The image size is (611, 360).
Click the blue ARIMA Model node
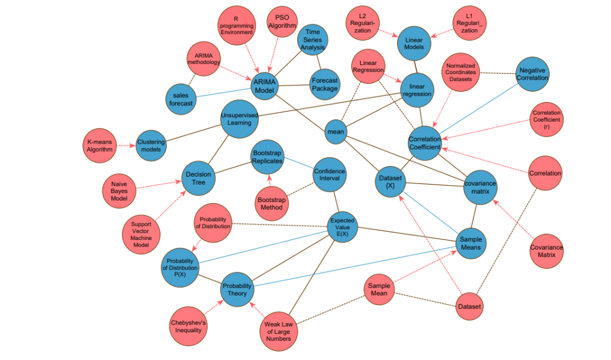pos(265,86)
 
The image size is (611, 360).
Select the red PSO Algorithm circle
pos(282,22)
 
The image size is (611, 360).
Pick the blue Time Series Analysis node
pos(313,40)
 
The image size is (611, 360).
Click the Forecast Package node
pos(325,84)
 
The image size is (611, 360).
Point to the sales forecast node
pos(181,99)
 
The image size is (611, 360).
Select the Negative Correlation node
pos(532,74)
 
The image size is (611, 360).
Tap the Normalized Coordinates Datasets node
pos(460,72)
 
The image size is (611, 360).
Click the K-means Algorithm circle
pos(100,145)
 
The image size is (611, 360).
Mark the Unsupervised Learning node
pos(239,119)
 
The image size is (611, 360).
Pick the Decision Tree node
pos(199,178)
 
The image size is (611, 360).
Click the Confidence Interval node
pos(329,175)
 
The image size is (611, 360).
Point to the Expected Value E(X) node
pos(342,228)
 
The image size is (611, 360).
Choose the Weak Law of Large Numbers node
pos(278,331)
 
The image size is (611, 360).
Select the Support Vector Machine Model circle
pos(140,234)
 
